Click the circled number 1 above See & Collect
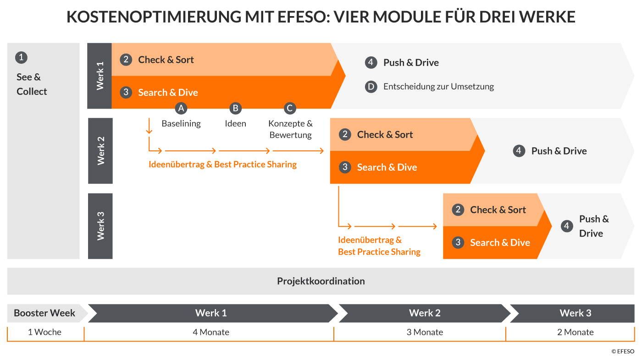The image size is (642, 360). click(x=21, y=57)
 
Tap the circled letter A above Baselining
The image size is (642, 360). click(x=181, y=108)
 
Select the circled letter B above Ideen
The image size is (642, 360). click(x=235, y=108)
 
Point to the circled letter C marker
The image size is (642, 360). click(x=289, y=108)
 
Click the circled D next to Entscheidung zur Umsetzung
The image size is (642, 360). click(x=371, y=86)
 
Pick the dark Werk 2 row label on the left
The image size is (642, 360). click(x=100, y=151)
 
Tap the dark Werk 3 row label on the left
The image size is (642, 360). click(x=100, y=226)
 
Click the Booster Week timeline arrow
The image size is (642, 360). click(x=45, y=313)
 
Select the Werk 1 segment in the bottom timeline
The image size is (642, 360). click(x=211, y=313)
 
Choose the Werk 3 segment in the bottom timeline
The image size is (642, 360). click(x=575, y=313)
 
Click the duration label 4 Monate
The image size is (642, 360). click(x=211, y=332)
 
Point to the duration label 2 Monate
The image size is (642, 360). click(x=575, y=332)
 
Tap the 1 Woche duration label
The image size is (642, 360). click(x=44, y=332)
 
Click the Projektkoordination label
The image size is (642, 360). click(x=321, y=281)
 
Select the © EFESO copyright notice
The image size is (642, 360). click(x=623, y=351)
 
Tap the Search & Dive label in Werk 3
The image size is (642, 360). click(x=500, y=243)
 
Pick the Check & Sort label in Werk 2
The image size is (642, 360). click(x=385, y=134)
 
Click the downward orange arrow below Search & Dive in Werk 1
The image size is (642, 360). click(x=149, y=126)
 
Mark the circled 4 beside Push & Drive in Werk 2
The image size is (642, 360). click(x=519, y=151)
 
